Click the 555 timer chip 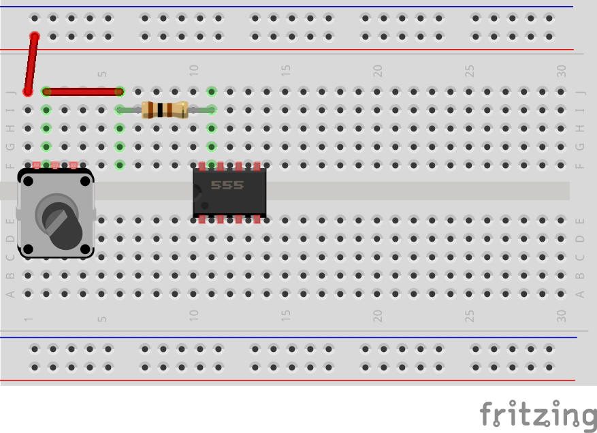229,191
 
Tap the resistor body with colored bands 164,110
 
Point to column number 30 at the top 562,70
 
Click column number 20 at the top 378,70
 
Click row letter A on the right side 580,294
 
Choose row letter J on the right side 580,91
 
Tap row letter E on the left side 10,221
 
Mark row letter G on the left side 10,146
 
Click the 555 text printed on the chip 227,185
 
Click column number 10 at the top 194,70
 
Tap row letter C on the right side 580,257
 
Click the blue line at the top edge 300,7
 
